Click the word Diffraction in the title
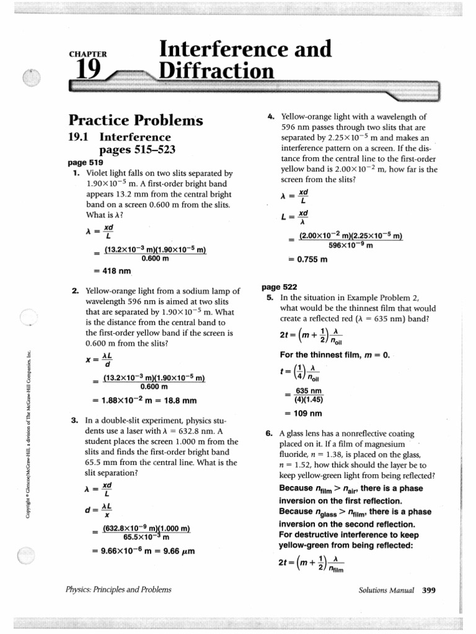coord(216,72)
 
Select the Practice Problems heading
coord(136,119)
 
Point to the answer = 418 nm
coord(113,271)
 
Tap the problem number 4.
coord(271,116)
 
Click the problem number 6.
coord(270,434)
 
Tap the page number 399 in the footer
coord(429,590)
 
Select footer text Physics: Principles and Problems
coord(119,589)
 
